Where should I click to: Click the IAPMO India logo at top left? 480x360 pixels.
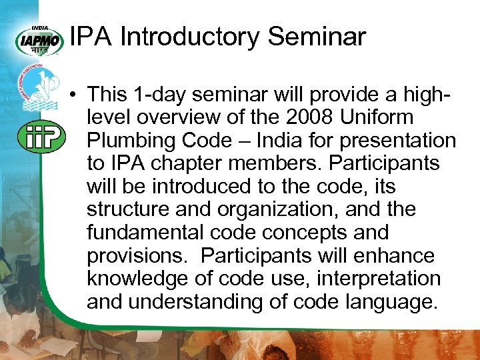point(39,39)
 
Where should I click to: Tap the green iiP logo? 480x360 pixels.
point(41,137)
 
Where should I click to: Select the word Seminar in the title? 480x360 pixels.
point(317,37)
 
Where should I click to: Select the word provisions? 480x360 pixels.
point(134,256)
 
